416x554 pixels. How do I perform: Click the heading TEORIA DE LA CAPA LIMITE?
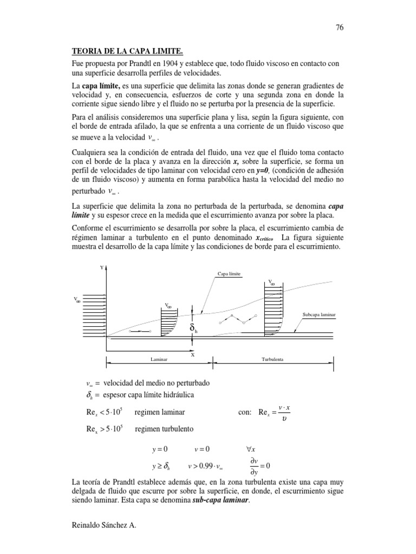(128, 52)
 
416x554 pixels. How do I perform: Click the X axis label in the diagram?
(192, 355)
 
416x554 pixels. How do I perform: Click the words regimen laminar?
(160, 412)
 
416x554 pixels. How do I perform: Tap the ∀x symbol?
(251, 449)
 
